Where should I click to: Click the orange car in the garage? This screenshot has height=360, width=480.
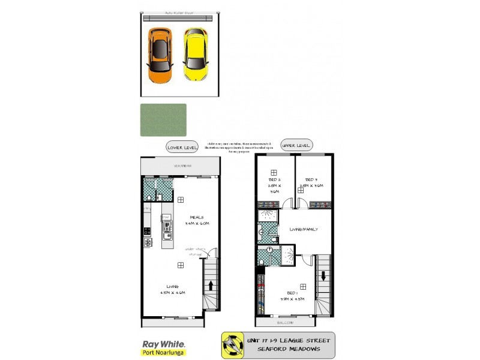160,56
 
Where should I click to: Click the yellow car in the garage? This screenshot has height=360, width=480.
196,55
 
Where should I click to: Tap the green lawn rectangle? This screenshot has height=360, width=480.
163,120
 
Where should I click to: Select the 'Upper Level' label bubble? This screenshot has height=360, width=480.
296,146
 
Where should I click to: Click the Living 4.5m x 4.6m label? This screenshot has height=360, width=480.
172,289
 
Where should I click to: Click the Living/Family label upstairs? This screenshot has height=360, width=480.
304,229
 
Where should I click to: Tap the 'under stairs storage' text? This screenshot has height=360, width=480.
196,251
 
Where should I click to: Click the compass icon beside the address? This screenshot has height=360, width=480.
231,346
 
